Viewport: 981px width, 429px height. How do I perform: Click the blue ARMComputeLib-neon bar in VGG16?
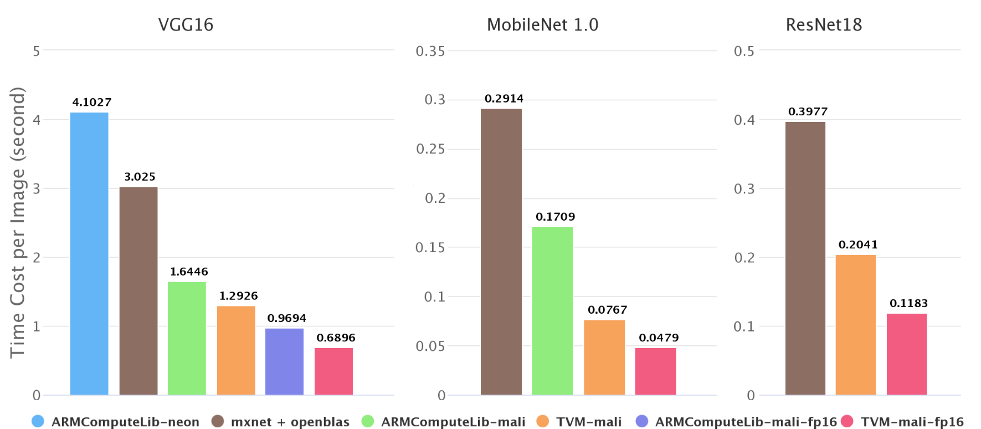(x=89, y=253)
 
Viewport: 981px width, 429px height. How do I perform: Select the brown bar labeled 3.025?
(x=138, y=290)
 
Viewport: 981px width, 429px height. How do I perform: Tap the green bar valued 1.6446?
(x=187, y=338)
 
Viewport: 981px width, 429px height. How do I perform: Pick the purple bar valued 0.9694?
(x=284, y=361)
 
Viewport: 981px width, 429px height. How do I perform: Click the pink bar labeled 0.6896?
(x=333, y=371)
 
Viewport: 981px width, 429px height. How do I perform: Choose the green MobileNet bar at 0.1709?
(x=552, y=310)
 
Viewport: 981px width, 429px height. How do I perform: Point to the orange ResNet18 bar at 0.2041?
(x=855, y=325)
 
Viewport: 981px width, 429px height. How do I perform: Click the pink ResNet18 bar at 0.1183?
(x=906, y=354)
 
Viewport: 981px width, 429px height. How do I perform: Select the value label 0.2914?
(x=504, y=99)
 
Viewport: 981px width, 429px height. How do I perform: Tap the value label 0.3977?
(x=808, y=112)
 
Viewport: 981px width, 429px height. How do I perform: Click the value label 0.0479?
(x=659, y=338)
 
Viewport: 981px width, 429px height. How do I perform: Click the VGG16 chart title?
(x=186, y=25)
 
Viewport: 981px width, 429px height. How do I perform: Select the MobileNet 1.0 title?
(x=542, y=25)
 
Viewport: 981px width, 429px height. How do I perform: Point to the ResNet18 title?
(x=824, y=25)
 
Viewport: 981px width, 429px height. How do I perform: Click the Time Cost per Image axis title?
(x=18, y=222)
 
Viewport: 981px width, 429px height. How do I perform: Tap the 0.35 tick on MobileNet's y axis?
(x=430, y=51)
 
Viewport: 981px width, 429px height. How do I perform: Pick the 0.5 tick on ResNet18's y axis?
(x=744, y=51)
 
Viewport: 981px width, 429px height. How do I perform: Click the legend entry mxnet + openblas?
(x=290, y=422)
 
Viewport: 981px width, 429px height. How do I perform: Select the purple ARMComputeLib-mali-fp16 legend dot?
(x=642, y=421)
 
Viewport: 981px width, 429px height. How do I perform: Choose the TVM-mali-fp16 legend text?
(x=912, y=422)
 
